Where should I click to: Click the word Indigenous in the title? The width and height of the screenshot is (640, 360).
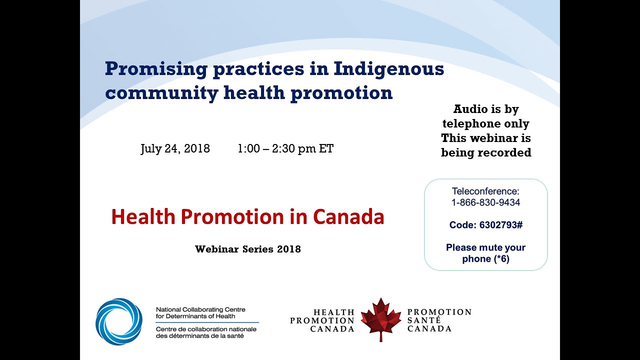tap(388, 69)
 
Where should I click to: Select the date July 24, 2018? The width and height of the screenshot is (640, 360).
tap(175, 148)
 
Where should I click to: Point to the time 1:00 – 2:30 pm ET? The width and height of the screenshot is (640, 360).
tap(285, 148)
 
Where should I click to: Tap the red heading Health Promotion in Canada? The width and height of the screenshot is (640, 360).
tap(247, 217)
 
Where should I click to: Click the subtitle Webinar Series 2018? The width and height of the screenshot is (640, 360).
tap(248, 249)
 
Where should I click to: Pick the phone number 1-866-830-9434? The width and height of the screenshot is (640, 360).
tap(485, 202)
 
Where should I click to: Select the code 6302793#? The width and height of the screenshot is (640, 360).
tap(500, 225)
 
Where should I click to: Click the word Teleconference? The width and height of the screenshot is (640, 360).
tap(485, 191)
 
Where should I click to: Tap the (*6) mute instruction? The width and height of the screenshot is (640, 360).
tap(499, 259)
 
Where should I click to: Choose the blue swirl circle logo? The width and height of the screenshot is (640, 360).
tap(119, 321)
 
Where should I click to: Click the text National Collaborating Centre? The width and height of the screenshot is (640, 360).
tap(200, 309)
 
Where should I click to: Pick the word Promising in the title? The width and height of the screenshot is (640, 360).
tap(155, 69)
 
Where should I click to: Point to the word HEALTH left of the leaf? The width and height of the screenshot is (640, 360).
tap(334, 312)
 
